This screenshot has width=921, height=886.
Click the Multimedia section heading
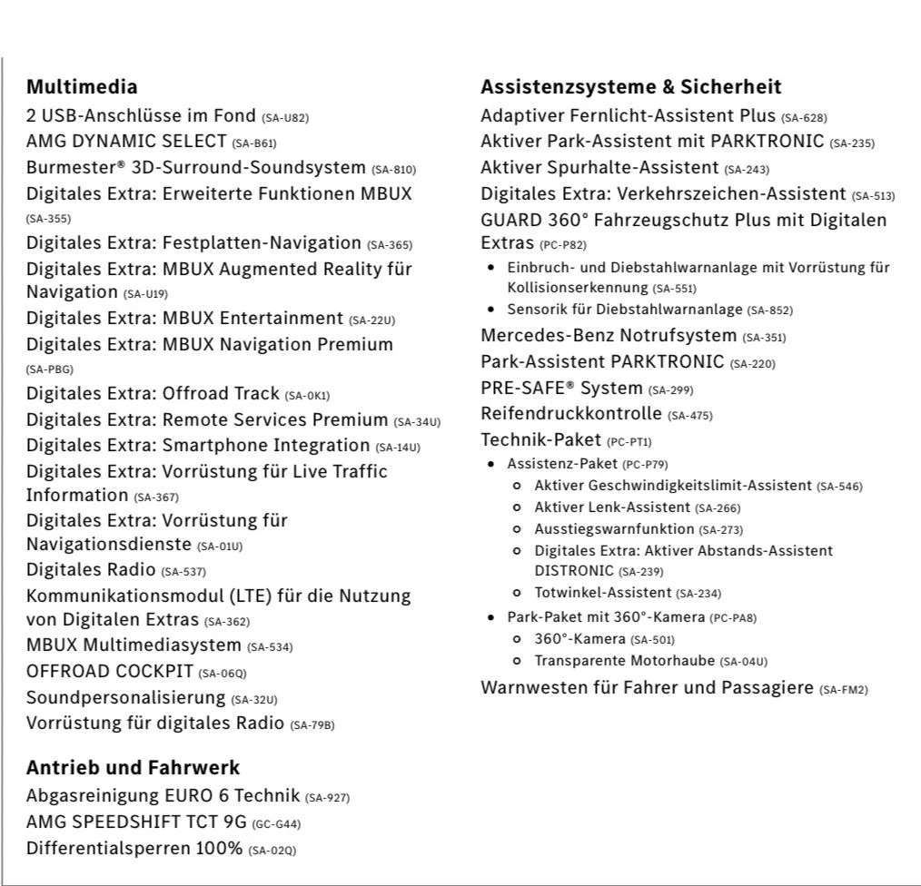coord(82,87)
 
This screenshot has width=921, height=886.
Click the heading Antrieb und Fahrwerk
coord(133,768)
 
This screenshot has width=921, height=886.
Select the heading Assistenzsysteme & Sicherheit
coord(630,87)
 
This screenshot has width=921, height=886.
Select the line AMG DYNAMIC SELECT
coord(126,142)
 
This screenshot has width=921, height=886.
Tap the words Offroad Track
coord(220,394)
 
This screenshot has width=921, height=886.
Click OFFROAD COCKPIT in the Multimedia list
coord(109,672)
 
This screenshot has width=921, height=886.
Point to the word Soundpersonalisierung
coord(125,697)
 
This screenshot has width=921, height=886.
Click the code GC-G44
coord(276,824)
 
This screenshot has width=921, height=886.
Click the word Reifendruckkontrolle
coord(571,414)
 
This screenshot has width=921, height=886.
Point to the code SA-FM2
coord(843,690)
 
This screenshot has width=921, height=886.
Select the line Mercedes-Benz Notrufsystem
coord(609,336)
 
